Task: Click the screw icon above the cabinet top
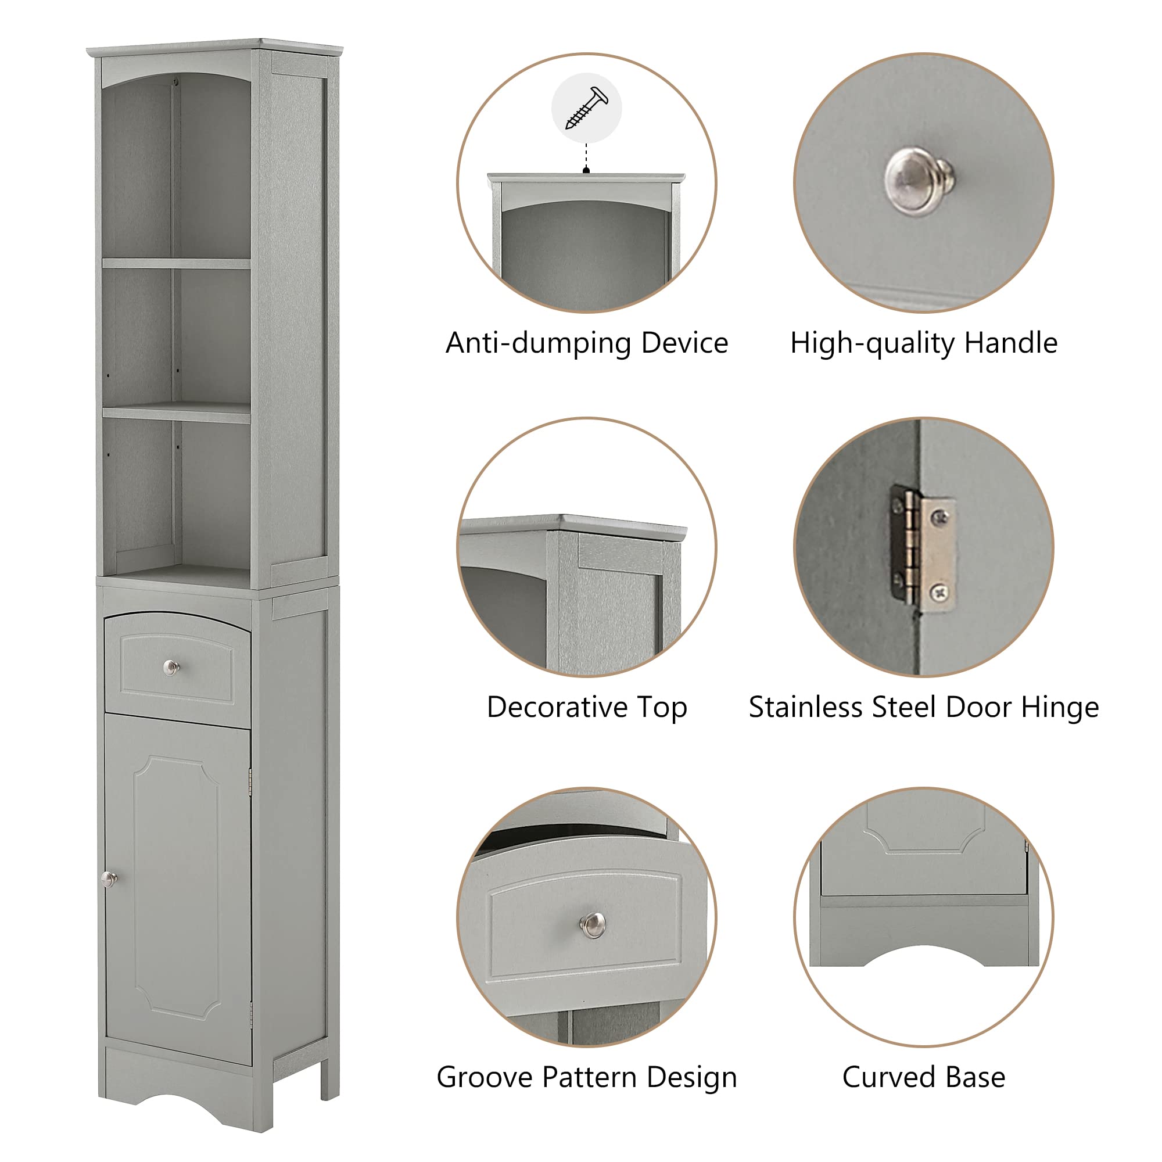pyautogui.click(x=586, y=107)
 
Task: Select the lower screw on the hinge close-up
pyautogui.click(x=940, y=594)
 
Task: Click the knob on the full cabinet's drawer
pyautogui.click(x=172, y=667)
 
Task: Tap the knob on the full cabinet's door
pyautogui.click(x=109, y=879)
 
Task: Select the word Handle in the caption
pyautogui.click(x=1010, y=343)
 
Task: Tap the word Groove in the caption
pyautogui.click(x=485, y=1077)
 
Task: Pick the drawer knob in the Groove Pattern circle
pyautogui.click(x=593, y=924)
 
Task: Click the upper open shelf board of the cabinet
pyautogui.click(x=176, y=263)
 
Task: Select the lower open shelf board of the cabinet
pyautogui.click(x=176, y=413)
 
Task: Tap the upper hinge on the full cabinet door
pyautogui.click(x=250, y=783)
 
